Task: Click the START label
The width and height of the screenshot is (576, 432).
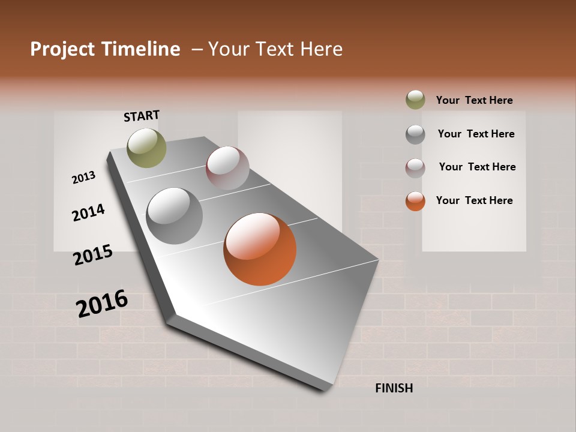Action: [x=142, y=116]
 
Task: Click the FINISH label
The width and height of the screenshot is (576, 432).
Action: [x=394, y=388]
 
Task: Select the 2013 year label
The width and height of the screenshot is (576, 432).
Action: [x=83, y=178]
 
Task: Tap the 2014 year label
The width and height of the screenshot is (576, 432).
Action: [x=88, y=212]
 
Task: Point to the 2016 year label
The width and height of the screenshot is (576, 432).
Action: [x=102, y=303]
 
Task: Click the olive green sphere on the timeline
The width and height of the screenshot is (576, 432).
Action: [x=146, y=148]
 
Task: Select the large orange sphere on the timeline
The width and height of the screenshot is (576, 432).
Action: [x=260, y=249]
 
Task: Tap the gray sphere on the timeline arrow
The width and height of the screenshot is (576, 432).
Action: [x=175, y=216]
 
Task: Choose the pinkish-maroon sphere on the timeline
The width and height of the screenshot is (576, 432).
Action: [x=227, y=168]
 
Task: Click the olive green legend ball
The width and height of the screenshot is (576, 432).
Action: [x=415, y=100]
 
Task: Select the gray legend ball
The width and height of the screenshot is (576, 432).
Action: [x=415, y=134]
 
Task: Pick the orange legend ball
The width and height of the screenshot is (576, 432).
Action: [x=415, y=201]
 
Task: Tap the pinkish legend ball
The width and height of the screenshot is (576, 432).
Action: [x=415, y=168]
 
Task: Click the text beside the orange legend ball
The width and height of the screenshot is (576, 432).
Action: [x=474, y=200]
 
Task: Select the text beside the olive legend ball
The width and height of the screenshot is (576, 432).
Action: [x=474, y=100]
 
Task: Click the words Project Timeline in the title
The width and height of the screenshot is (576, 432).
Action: [x=105, y=49]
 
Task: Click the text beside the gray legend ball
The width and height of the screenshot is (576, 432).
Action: [x=476, y=134]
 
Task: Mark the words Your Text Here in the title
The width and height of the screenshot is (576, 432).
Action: [x=275, y=49]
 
